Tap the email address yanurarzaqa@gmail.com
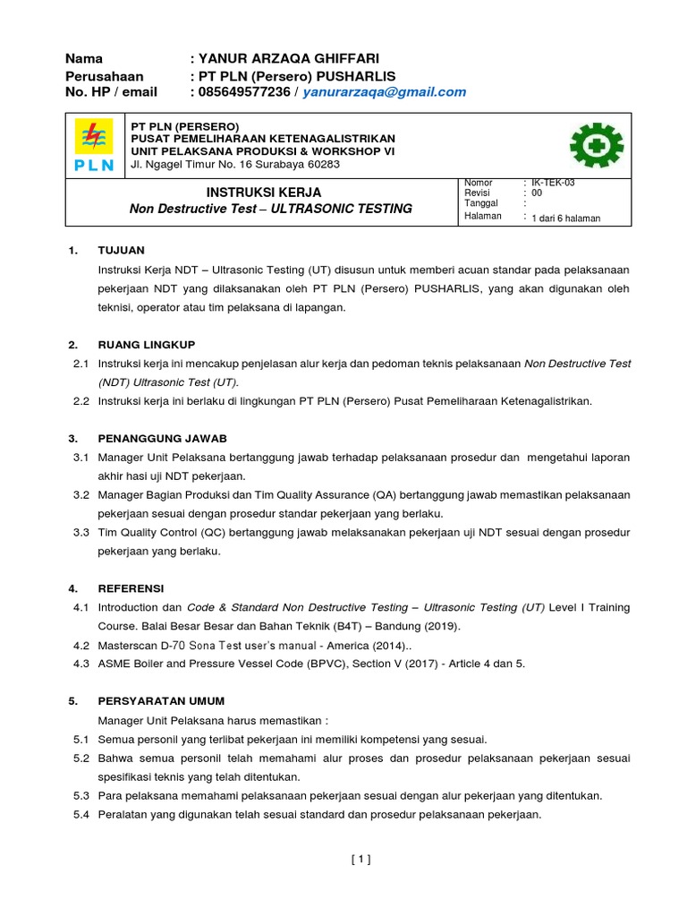(385, 92)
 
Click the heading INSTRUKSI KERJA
(264, 193)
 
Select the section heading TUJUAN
(122, 250)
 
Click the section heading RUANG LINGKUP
(147, 345)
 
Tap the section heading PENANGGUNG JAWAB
(163, 439)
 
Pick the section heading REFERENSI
(131, 588)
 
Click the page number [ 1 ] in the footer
(360, 860)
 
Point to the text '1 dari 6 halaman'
(565, 218)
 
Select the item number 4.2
(81, 645)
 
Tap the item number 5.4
(81, 815)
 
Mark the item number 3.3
(81, 533)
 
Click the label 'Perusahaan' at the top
(104, 76)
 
